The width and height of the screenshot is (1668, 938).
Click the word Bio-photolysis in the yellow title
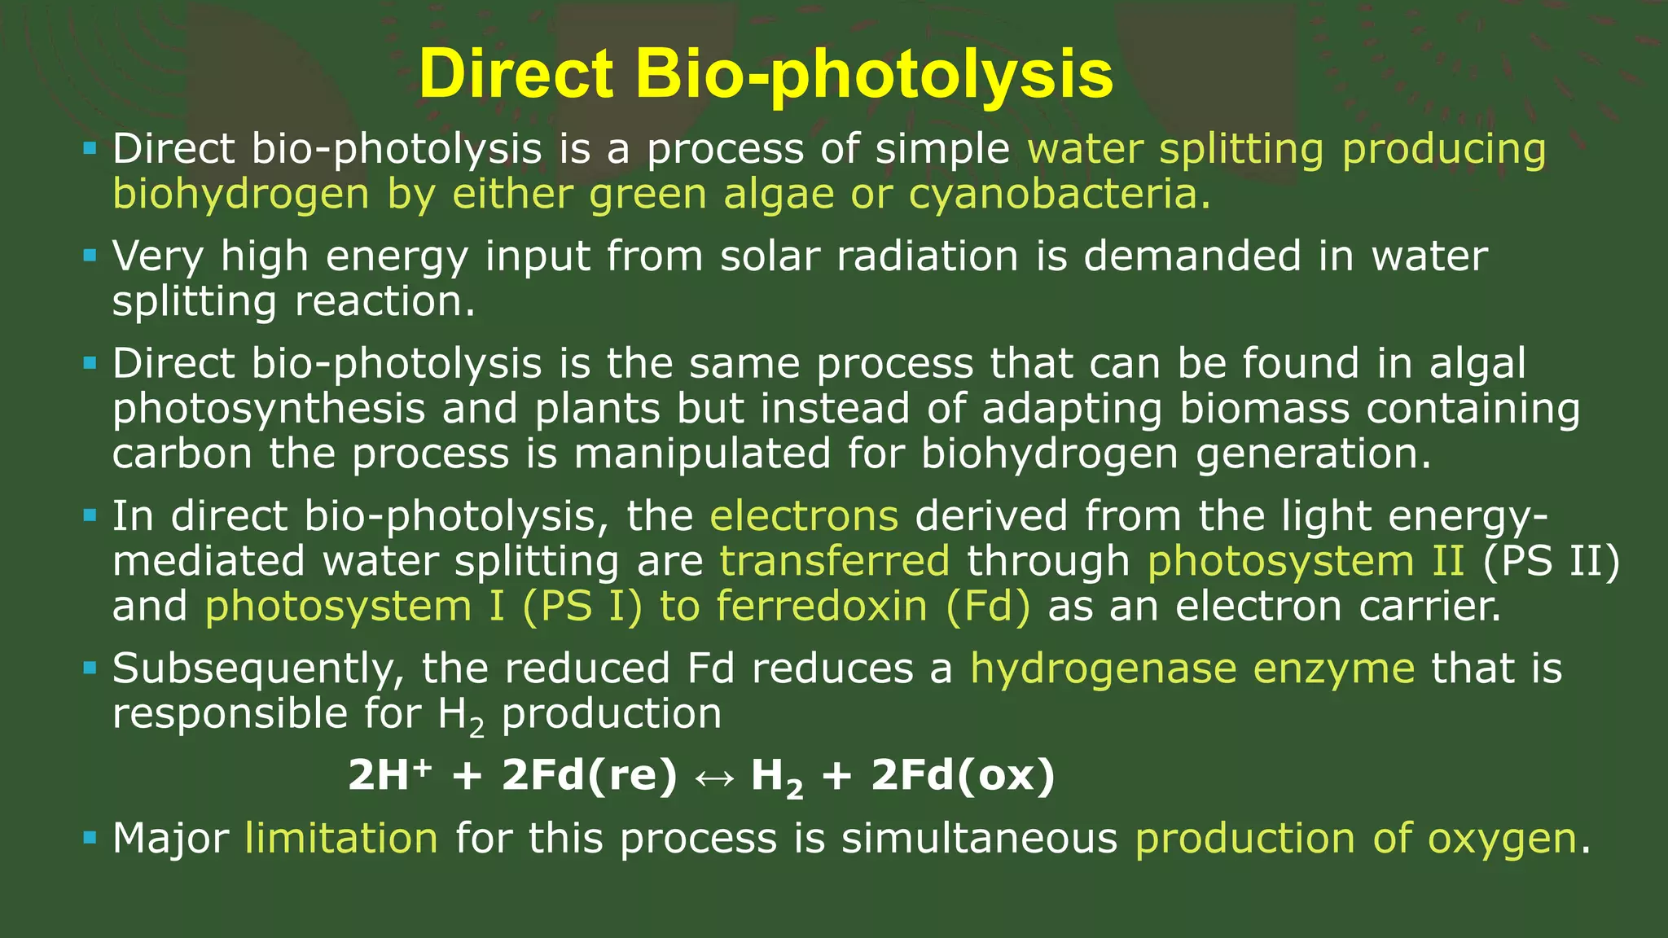[874, 75]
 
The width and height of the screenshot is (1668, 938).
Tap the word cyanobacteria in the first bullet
[1058, 194]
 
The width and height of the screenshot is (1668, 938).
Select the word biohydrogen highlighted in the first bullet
[241, 195]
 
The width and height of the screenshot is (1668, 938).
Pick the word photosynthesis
[269, 409]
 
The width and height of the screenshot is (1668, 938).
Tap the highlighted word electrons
[804, 515]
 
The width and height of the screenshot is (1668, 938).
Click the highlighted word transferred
[834, 561]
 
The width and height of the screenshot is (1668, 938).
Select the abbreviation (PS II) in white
[1551, 561]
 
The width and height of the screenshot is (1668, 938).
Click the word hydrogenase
[1103, 668]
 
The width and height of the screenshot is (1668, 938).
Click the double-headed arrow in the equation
[713, 776]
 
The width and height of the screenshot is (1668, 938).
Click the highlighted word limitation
[341, 838]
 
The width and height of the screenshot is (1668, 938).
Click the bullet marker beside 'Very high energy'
[90, 256]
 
